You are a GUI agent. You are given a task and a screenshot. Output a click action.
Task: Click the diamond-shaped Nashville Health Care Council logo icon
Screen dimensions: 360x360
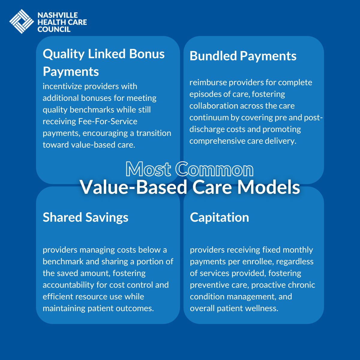[21, 21]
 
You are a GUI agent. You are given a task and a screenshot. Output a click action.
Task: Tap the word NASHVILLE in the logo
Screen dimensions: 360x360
[58, 15]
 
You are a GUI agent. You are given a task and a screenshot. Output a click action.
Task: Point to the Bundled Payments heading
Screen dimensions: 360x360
[243, 56]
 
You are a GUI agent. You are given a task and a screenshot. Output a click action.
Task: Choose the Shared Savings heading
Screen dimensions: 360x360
[85, 217]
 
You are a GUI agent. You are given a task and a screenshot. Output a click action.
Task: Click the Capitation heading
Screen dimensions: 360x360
[219, 217]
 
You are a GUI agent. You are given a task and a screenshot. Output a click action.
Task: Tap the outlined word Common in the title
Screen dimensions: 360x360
[214, 169]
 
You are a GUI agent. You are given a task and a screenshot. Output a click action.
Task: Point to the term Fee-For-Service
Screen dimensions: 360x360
[108, 121]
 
